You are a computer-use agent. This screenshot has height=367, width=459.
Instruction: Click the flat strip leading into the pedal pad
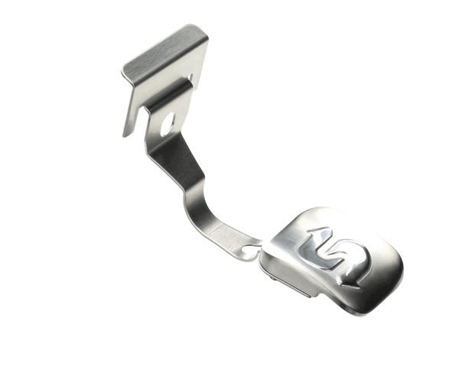[229, 237]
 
